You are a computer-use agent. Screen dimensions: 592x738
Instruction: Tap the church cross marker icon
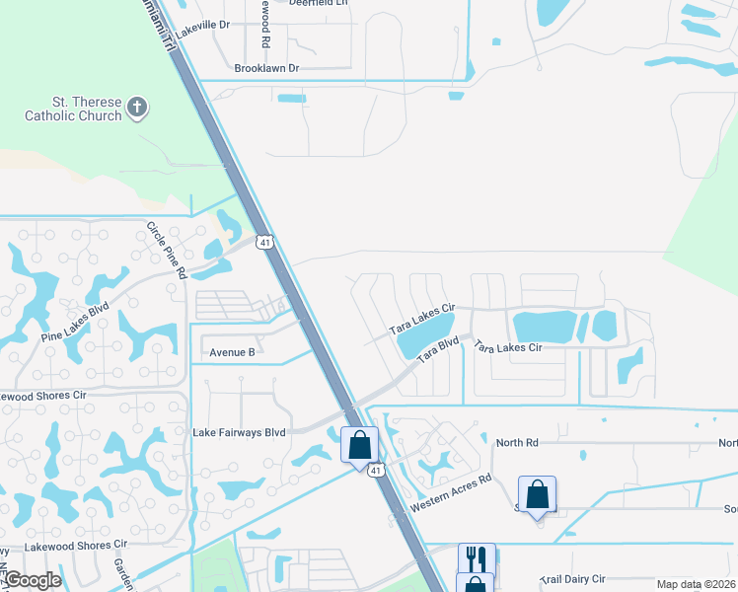tap(138, 108)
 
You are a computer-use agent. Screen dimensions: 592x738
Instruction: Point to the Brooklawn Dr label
tap(265, 68)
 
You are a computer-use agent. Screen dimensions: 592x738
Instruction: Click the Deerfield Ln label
tap(319, 3)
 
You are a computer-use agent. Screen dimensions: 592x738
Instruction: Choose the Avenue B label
tap(232, 351)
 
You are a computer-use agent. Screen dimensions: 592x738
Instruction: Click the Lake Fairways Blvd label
tap(240, 432)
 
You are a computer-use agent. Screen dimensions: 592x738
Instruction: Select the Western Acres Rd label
tap(451, 494)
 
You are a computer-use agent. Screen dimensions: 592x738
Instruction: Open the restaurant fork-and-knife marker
tap(476, 558)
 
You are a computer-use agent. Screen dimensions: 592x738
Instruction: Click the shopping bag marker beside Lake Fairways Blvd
tap(360, 444)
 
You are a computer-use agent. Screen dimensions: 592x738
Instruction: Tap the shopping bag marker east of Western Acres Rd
tap(537, 493)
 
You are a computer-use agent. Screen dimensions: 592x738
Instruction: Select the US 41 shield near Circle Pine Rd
tap(263, 241)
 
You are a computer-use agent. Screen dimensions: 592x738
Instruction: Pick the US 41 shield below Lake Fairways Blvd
tap(377, 471)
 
